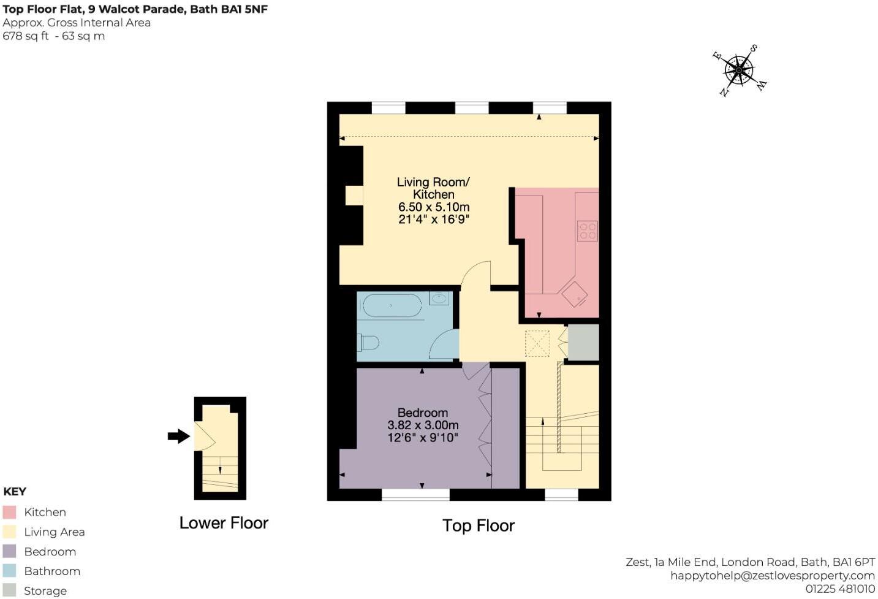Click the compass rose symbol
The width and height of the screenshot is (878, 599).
click(x=740, y=71)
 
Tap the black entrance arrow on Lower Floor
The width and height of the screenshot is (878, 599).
click(x=179, y=436)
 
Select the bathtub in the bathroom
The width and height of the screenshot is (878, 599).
click(x=392, y=305)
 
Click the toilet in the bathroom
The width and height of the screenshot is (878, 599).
click(x=369, y=342)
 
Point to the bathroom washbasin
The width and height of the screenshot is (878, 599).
click(x=439, y=299)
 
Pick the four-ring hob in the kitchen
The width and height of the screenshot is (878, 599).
click(x=587, y=231)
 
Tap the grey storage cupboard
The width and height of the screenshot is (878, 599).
click(x=583, y=342)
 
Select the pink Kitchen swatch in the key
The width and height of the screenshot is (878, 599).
click(x=9, y=512)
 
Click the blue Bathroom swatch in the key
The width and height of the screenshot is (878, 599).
click(x=9, y=571)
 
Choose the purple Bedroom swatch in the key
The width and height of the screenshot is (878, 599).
click(x=9, y=551)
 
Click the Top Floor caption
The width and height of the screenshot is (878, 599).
click(x=478, y=525)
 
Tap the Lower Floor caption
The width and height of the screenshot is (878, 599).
click(x=224, y=523)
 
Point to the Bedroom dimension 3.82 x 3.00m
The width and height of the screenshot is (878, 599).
click(x=423, y=425)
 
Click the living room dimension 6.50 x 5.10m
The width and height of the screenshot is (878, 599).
click(x=433, y=207)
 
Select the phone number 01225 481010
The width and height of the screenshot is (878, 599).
click(x=839, y=589)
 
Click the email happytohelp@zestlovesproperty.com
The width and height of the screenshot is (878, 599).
click(x=772, y=575)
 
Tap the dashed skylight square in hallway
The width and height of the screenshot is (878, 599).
click(x=537, y=343)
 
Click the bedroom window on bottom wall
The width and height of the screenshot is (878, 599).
click(x=415, y=494)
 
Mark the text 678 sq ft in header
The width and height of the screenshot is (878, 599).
click(x=26, y=36)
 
